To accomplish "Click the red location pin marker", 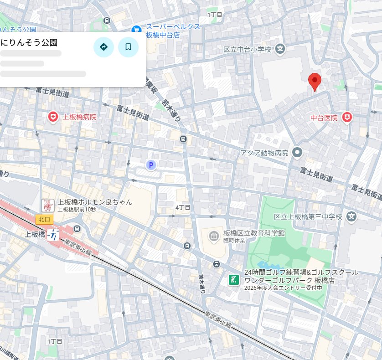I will pyautogui.click(x=315, y=81).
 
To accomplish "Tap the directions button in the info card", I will pyautogui.click(x=103, y=46).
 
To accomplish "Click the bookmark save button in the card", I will pyautogui.click(x=128, y=46).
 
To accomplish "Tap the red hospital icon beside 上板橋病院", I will pyautogui.click(x=53, y=118).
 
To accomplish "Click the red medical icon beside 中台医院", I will pyautogui.click(x=347, y=118).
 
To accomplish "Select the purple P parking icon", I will pyautogui.click(x=150, y=165).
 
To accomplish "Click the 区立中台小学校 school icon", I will pyautogui.click(x=280, y=49).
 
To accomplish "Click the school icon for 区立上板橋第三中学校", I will pyautogui.click(x=351, y=216).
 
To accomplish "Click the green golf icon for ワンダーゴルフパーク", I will pyautogui.click(x=234, y=279).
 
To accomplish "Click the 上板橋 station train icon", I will pyautogui.click(x=55, y=235).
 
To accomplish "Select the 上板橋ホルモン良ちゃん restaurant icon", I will pyautogui.click(x=47, y=206).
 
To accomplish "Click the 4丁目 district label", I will pyautogui.click(x=183, y=207).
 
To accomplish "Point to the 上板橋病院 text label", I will pyautogui.click(x=80, y=118).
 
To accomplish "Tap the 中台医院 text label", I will pyautogui.click(x=324, y=118).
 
